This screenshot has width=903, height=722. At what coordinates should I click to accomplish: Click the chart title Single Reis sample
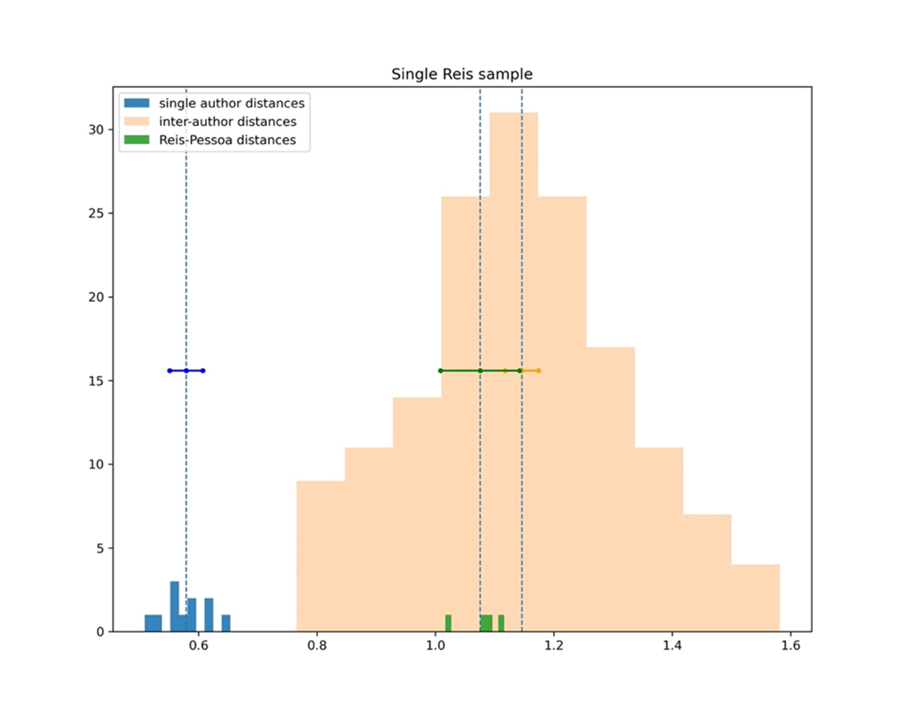coord(462,74)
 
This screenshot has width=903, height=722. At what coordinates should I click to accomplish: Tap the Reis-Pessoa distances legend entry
coord(232,139)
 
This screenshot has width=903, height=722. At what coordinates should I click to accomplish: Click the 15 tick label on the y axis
coord(98,381)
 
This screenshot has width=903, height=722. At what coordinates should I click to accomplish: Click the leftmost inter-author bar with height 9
coord(320,556)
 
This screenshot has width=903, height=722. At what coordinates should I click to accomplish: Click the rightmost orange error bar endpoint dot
coord(538,370)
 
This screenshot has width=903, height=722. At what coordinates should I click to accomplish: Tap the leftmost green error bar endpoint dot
coord(440,370)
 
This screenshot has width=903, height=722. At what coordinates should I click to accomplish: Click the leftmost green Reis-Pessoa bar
coord(448,623)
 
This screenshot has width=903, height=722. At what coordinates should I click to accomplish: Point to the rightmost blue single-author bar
coord(226,623)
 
